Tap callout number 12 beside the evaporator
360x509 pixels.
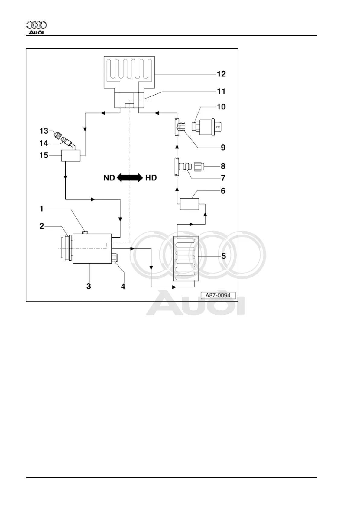pos(221,74)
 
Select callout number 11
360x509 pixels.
pos(221,91)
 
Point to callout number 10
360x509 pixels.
pos(221,107)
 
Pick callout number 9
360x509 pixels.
pos(223,148)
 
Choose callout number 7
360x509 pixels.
pos(223,178)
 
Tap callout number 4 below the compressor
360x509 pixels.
pos(123,286)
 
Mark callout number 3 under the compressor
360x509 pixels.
pos(89,286)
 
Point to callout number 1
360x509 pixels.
pos(42,209)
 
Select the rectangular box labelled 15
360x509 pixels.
pos(71,156)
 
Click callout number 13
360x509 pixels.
pos(44,131)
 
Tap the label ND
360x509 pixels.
pos(109,178)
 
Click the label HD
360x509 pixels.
pos(151,178)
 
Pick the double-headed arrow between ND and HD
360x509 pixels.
pos(130,177)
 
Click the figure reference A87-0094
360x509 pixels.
pos(218,295)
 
